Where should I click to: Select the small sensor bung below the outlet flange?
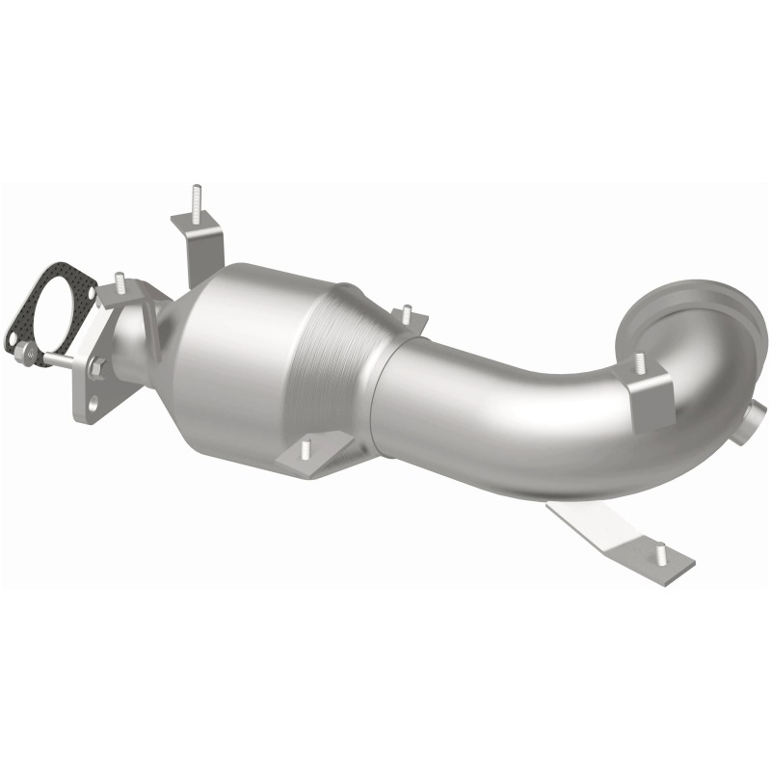point(750,424)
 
